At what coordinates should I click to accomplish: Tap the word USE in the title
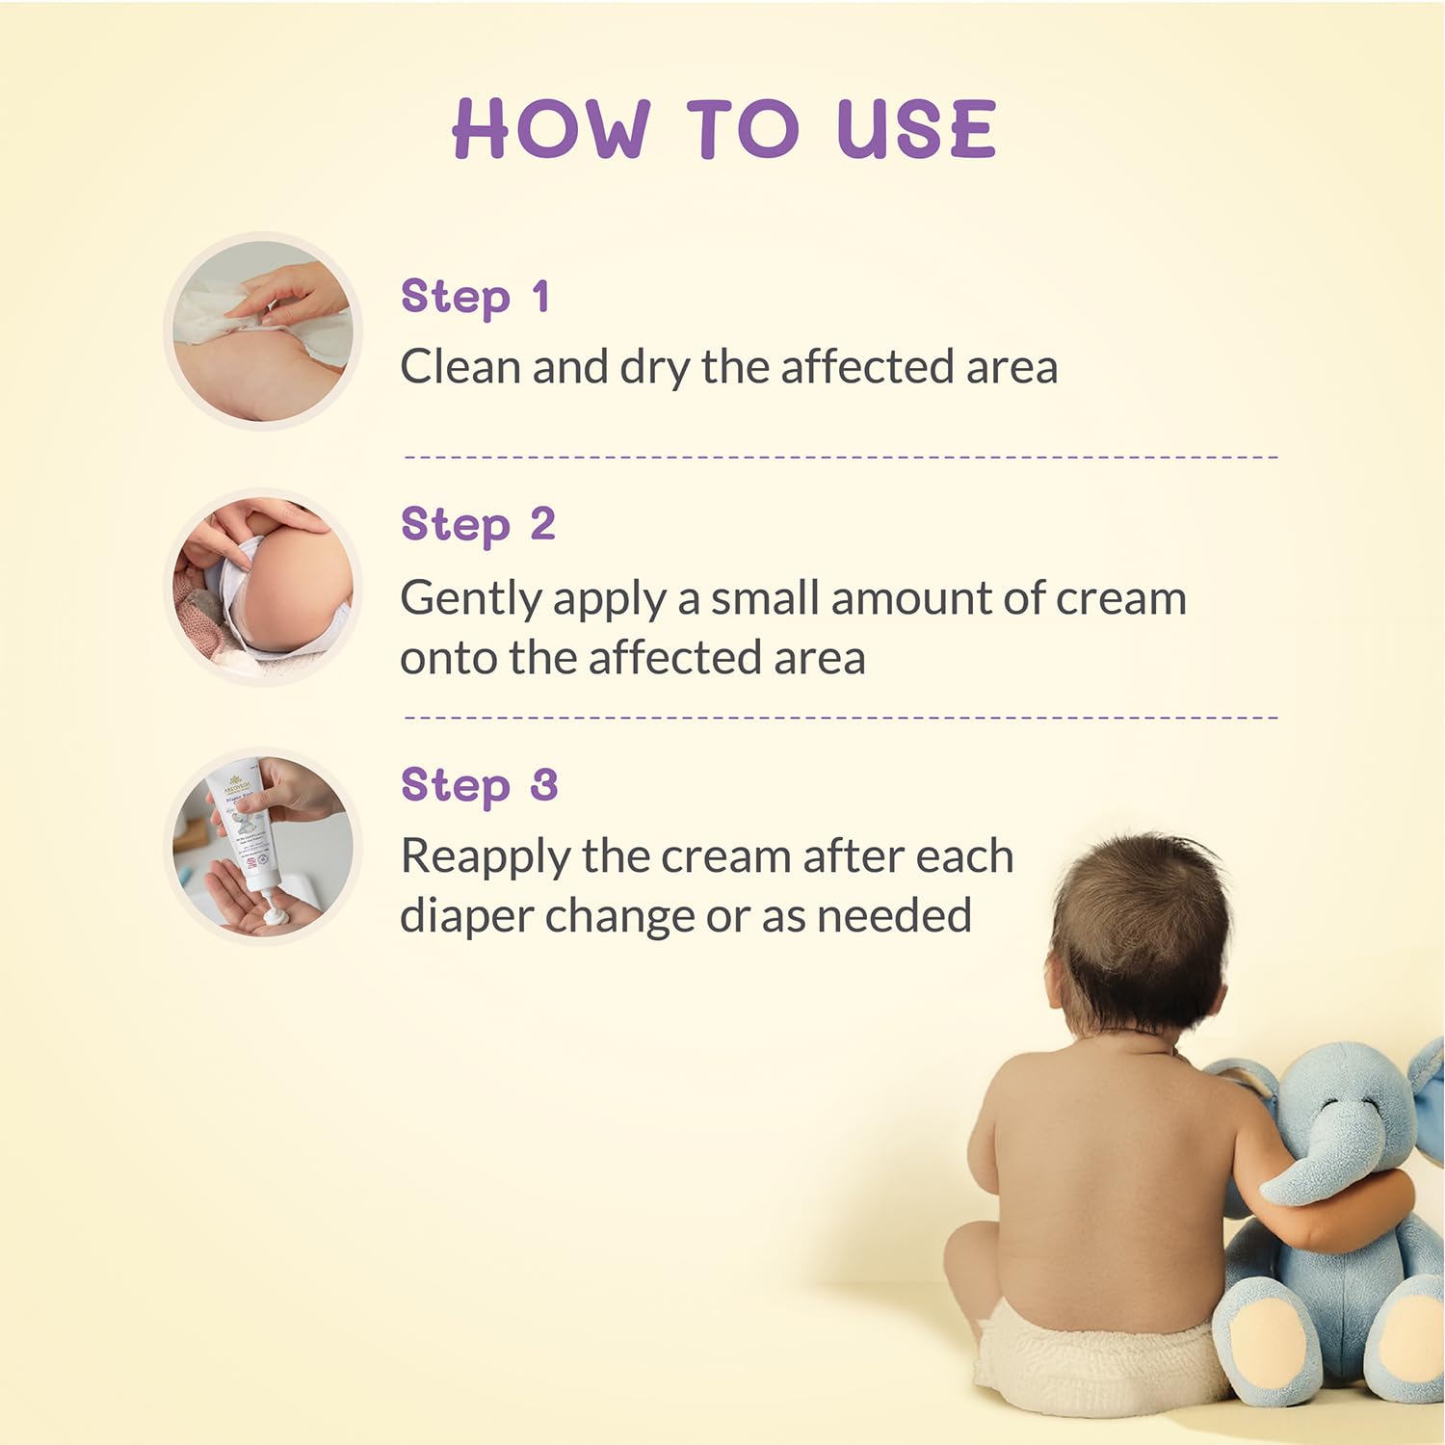tap(916, 130)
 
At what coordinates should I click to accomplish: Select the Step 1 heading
tap(475, 297)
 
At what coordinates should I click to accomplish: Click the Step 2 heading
tap(478, 526)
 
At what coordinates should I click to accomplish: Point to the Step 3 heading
tap(479, 785)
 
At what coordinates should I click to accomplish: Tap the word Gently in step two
tap(470, 600)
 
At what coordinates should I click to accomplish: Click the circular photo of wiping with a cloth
tap(263, 331)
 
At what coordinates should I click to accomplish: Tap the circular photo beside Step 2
tap(263, 588)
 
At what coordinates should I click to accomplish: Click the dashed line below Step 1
tap(840, 457)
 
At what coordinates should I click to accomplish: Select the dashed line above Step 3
tap(840, 718)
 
